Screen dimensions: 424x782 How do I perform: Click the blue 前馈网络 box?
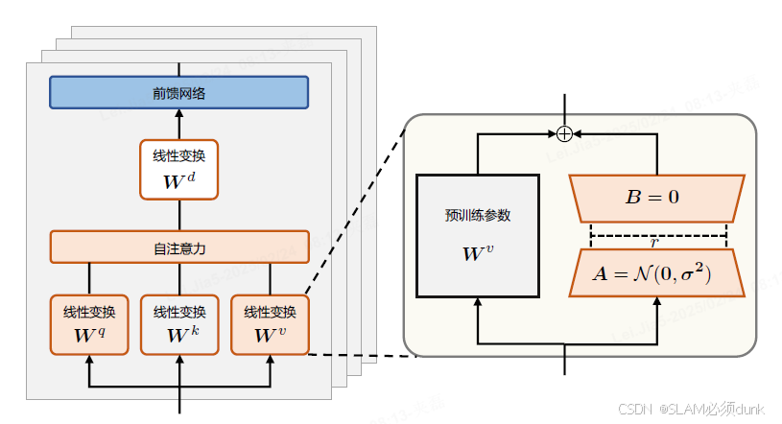(x=179, y=92)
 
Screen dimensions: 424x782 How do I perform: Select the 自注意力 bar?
(x=179, y=247)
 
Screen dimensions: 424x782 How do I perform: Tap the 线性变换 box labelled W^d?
(x=179, y=170)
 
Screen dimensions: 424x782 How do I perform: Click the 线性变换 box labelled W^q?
(x=89, y=325)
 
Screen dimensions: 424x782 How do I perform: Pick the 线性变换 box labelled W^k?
(x=179, y=325)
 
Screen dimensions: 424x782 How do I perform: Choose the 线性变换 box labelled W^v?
(x=270, y=325)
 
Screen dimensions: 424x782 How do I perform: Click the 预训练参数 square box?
(x=477, y=236)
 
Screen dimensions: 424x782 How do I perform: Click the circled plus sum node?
(x=565, y=132)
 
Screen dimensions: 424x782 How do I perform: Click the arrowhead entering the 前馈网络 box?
(x=179, y=113)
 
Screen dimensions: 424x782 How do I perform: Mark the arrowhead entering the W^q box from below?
(x=89, y=361)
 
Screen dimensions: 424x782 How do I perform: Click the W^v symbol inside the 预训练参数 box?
(x=477, y=254)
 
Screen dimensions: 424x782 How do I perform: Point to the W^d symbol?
(x=179, y=179)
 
